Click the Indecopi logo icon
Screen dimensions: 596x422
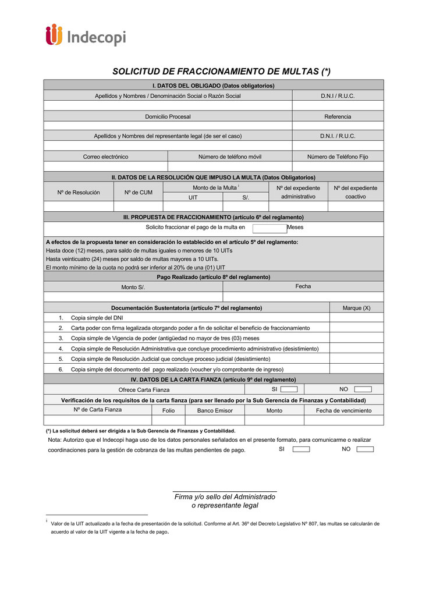54,35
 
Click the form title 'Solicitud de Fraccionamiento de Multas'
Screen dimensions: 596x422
221,72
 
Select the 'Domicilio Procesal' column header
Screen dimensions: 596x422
168,117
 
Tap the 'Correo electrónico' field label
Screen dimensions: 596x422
105,157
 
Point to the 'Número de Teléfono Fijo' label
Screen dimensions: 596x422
338,157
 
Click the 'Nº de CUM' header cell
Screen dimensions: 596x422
138,192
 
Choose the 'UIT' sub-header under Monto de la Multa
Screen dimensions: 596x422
193,197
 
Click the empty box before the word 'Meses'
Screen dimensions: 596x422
269,228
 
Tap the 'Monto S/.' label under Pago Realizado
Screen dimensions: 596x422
133,287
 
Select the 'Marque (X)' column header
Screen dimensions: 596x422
356,308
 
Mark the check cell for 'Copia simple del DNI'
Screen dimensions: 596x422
356,318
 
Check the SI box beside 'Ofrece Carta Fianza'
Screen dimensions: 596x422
289,389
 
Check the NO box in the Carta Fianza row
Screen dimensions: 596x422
363,389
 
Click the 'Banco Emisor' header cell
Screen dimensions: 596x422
215,410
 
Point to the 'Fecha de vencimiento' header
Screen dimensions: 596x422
343,410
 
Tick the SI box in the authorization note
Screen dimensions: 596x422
301,449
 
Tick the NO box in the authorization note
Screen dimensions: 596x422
365,449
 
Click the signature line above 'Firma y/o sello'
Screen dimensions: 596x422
225,491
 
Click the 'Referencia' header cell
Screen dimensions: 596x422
338,117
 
